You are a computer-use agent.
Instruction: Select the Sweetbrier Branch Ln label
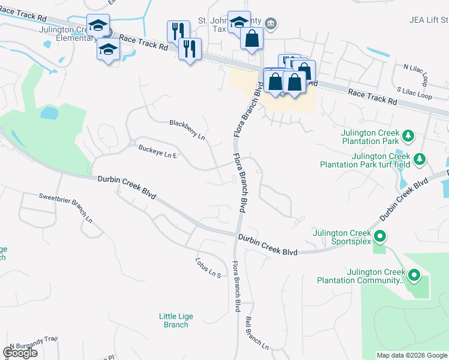(x=65, y=207)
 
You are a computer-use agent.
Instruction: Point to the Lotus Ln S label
(x=208, y=267)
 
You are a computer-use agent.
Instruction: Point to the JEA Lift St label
(x=428, y=20)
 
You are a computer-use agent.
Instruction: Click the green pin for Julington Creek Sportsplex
(x=379, y=235)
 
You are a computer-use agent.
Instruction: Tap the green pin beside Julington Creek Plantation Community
(x=414, y=275)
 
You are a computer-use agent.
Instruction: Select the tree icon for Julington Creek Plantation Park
(x=408, y=135)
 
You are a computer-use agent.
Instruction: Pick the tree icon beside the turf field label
(x=420, y=159)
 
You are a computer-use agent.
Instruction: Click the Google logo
(x=20, y=353)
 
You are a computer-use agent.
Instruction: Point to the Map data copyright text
(x=412, y=355)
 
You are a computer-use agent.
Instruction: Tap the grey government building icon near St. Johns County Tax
(x=271, y=23)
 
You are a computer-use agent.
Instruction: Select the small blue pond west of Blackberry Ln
(x=49, y=113)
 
